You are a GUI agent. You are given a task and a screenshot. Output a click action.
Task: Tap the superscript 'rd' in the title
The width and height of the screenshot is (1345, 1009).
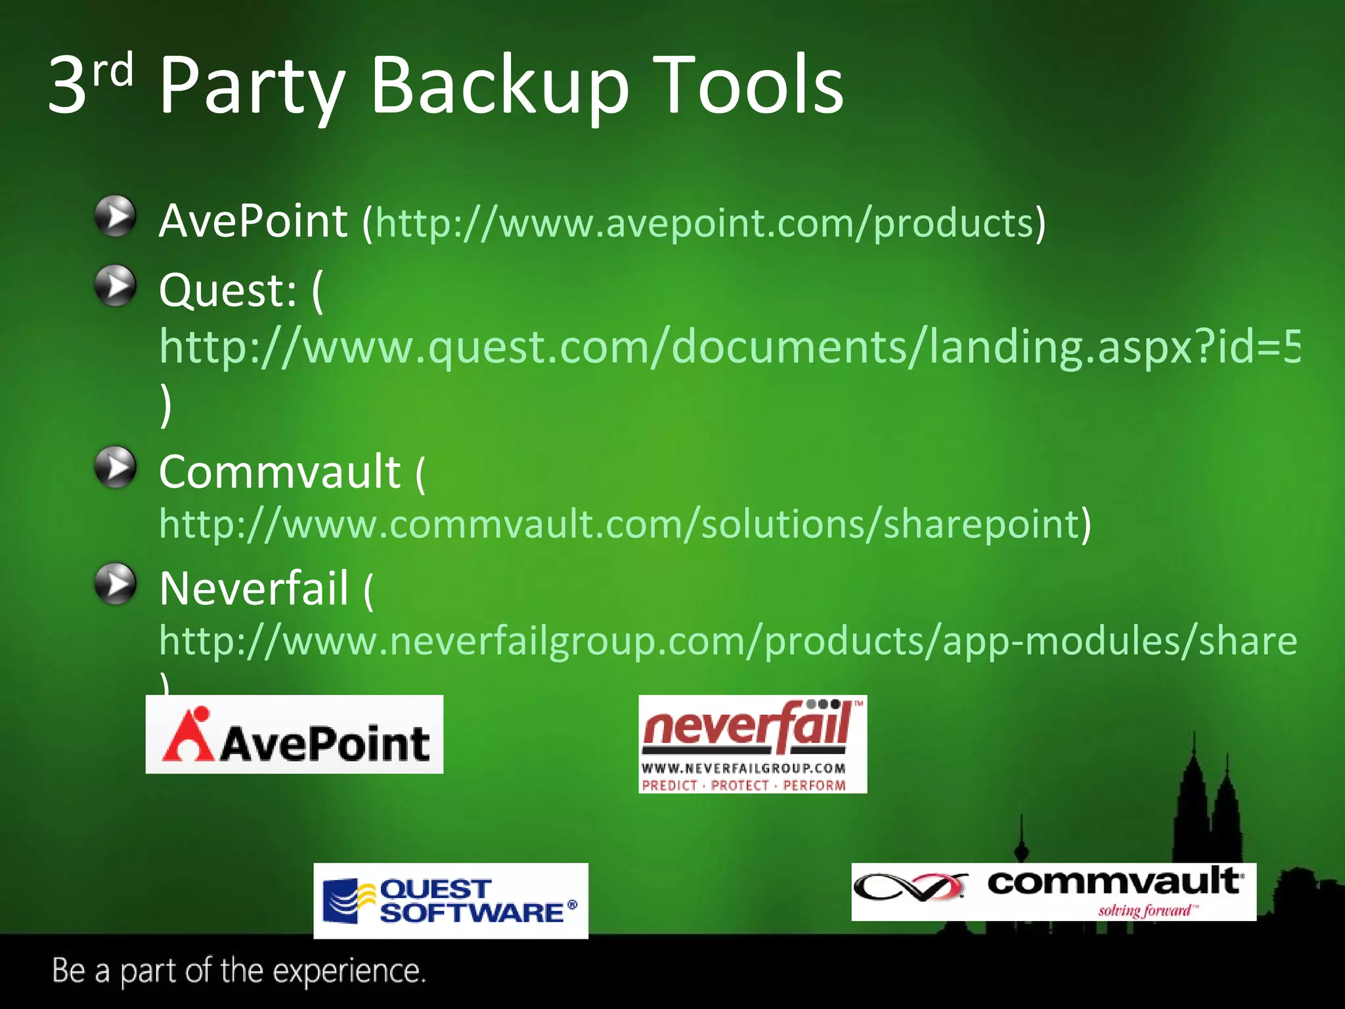pos(112,71)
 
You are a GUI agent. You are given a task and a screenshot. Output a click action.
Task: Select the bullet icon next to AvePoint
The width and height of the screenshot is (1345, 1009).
pos(116,215)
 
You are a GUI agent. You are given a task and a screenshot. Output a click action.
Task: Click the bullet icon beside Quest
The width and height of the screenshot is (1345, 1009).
pos(116,286)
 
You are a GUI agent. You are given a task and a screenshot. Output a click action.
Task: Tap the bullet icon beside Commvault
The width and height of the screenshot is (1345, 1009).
pos(116,468)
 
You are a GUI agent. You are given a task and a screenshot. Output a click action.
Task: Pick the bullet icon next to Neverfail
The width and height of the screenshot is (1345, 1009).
pos(116,583)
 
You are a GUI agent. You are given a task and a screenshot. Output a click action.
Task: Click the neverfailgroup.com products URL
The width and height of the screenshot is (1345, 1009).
pos(728,641)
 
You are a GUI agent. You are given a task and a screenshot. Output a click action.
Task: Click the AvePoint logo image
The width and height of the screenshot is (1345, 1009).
pos(294,734)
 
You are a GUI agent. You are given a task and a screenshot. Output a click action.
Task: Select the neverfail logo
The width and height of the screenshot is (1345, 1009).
pos(753,744)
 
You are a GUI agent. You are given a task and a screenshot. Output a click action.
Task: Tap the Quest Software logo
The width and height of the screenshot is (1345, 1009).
pos(451,901)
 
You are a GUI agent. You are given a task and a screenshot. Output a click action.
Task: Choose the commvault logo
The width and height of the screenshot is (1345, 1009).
pos(1053,891)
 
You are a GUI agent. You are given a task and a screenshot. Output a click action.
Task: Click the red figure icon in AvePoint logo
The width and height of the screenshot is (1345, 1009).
pos(189,736)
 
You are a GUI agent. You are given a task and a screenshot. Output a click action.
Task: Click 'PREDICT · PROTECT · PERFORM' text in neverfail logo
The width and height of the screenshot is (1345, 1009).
pos(743,786)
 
